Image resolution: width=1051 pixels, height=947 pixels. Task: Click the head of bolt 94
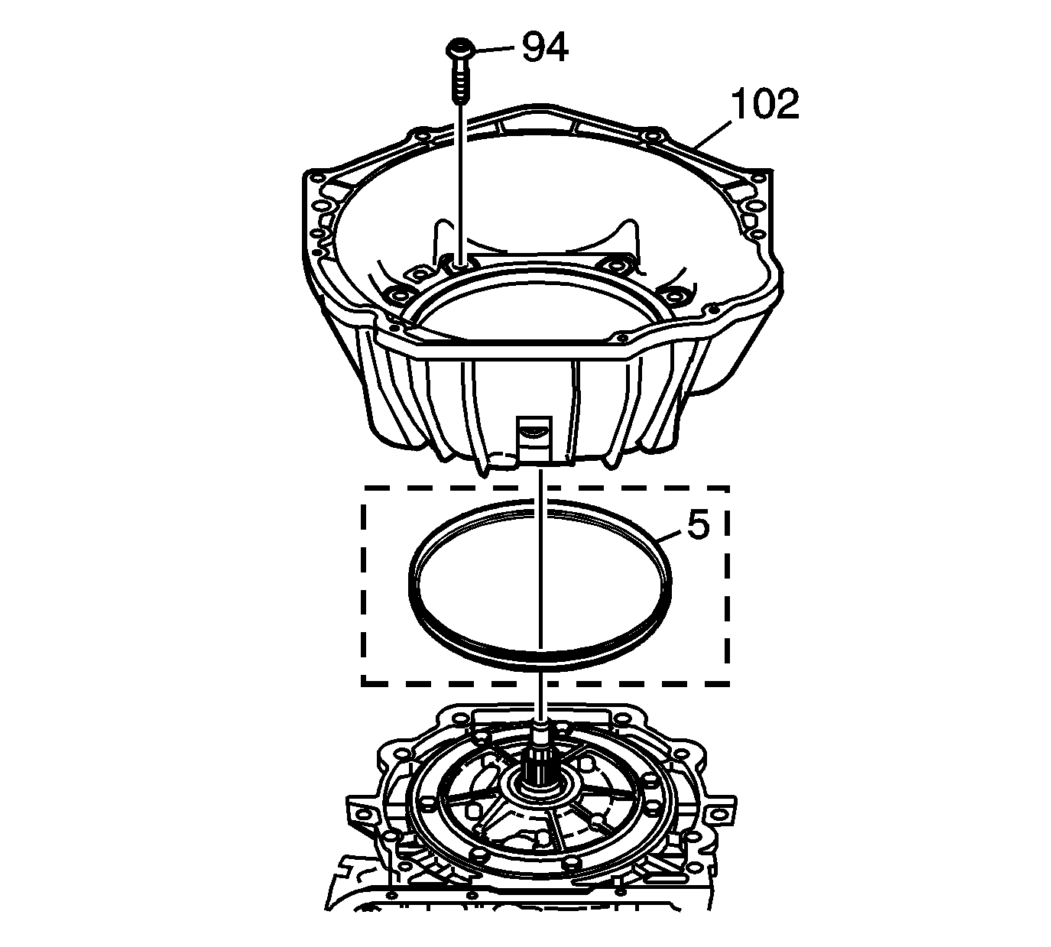pyautogui.click(x=461, y=50)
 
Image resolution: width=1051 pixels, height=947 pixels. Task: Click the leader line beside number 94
pyautogui.click(x=494, y=49)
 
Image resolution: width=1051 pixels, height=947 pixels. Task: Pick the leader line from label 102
pyautogui.click(x=712, y=135)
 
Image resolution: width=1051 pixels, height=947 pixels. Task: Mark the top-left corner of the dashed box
pyautogui.click(x=363, y=488)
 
